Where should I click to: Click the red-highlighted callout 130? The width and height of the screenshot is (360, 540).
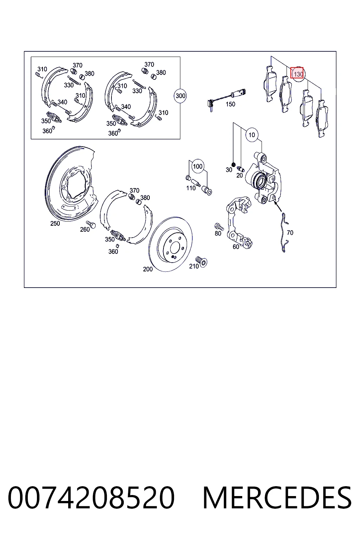[x=297, y=73]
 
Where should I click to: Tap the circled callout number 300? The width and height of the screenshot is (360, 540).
[x=180, y=96]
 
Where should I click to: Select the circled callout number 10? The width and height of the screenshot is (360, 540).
[x=251, y=135]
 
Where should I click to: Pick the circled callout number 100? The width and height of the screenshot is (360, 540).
[x=198, y=166]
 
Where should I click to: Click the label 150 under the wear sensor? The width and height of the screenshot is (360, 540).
[x=230, y=104]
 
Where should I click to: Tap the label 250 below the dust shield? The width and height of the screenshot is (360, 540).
[x=55, y=224]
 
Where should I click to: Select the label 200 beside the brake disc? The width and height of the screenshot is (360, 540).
[x=148, y=269]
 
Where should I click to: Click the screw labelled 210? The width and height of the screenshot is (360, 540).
[x=201, y=262]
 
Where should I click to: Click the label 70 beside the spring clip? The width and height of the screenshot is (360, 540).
[x=290, y=233]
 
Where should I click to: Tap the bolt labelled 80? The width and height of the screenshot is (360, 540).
[x=219, y=227]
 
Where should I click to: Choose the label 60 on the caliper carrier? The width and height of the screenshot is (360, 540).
[x=236, y=246]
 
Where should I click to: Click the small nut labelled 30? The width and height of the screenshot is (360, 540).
[x=233, y=165]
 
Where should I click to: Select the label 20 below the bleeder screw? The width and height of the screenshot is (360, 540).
[x=239, y=175]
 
